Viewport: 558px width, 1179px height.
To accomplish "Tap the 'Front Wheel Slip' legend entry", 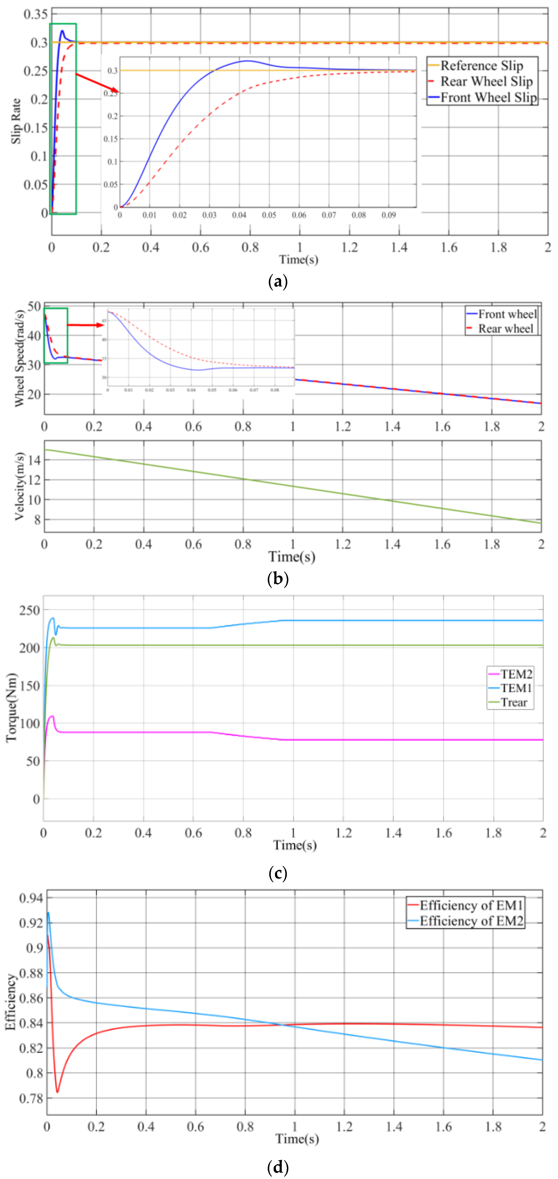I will (x=488, y=98).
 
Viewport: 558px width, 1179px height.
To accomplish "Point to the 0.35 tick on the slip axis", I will (x=36, y=14).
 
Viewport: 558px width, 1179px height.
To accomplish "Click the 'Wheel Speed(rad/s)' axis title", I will (x=19, y=358).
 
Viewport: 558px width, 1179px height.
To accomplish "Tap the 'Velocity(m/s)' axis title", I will (x=19, y=486).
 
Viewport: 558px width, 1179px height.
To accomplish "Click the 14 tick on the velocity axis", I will (x=35, y=460).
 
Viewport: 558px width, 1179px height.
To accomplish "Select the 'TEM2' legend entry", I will (x=516, y=674).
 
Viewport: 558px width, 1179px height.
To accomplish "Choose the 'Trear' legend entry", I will (x=514, y=703).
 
